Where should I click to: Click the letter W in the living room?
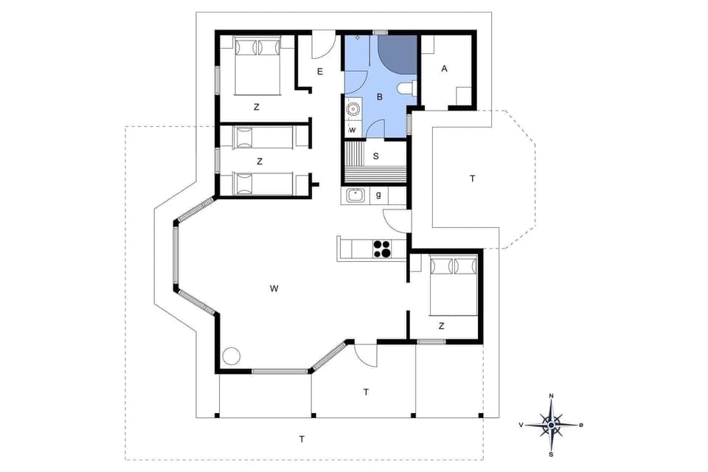click(x=274, y=288)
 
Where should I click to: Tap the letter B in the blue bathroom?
click(x=380, y=97)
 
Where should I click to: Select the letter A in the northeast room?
click(x=445, y=69)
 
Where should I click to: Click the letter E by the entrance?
click(x=320, y=72)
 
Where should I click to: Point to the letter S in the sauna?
click(x=376, y=156)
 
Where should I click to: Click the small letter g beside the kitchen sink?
click(x=378, y=195)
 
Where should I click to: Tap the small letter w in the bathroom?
click(x=353, y=131)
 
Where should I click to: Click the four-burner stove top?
click(x=382, y=249)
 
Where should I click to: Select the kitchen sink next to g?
click(x=355, y=196)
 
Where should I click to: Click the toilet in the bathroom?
click(x=405, y=90)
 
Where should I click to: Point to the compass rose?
click(x=552, y=424)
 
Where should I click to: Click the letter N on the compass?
click(x=552, y=397)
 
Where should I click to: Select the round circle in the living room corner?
click(x=232, y=355)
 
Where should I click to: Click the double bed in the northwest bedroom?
click(x=258, y=66)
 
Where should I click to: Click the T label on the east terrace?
click(x=473, y=178)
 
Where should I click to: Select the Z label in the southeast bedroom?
click(x=441, y=325)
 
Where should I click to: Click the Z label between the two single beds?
click(x=260, y=161)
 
